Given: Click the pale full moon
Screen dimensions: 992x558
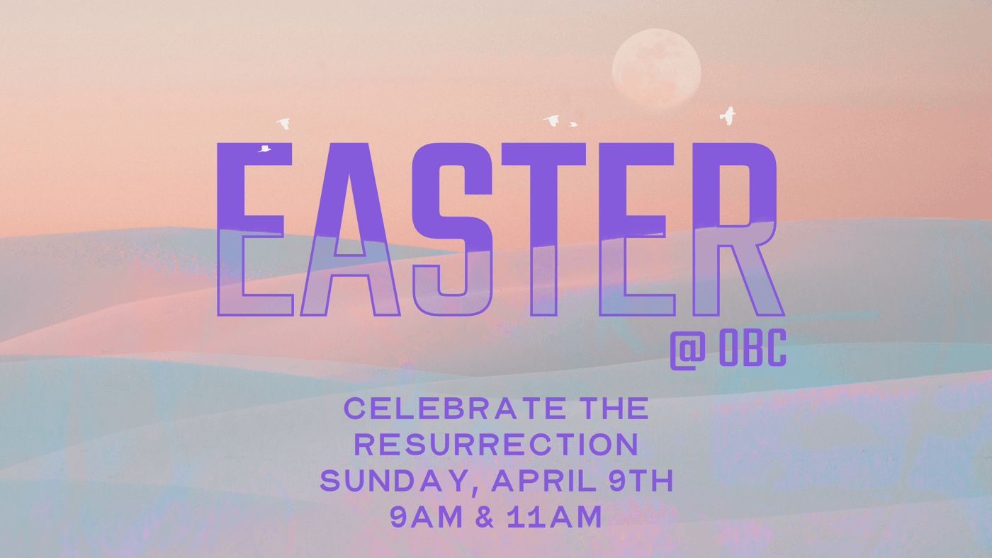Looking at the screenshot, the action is tap(656, 68).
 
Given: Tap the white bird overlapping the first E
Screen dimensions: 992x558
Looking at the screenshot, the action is tap(264, 149).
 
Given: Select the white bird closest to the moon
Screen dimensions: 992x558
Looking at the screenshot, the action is tap(728, 116).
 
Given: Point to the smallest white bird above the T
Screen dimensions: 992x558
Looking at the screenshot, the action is tap(573, 125).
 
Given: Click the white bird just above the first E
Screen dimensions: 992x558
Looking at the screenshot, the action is tap(283, 123).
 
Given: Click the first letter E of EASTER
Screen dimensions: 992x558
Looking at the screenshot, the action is tap(254, 229).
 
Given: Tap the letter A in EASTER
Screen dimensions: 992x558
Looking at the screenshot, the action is tap(350, 229).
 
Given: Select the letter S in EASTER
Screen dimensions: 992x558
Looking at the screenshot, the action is tap(452, 229).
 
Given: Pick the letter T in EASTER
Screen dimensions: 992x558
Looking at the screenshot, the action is tap(543, 229).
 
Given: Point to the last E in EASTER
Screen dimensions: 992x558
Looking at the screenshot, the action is tap(637, 229).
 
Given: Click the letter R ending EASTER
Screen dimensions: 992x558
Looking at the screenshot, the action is tap(738, 229).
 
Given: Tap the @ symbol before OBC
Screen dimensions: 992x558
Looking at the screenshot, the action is tap(688, 350).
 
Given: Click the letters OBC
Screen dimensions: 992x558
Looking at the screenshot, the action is tap(753, 348).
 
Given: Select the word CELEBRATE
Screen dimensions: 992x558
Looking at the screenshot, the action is tap(455, 409).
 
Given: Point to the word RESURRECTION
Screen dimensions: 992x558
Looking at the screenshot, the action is tap(497, 444).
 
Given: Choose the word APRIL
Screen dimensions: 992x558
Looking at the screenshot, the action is tap(544, 481).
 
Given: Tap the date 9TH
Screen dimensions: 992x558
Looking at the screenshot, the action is tap(641, 481).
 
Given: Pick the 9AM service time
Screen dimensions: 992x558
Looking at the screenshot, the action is tap(426, 516).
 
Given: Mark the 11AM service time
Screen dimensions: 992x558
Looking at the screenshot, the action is tap(554, 516).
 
